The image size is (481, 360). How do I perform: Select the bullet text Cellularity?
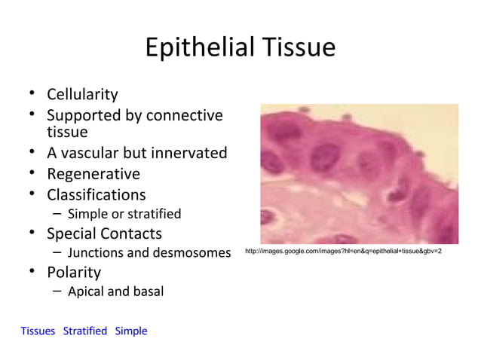82,95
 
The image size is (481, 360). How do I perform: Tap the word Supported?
84,116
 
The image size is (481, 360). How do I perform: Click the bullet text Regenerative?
93,174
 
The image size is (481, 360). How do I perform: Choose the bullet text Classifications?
97,194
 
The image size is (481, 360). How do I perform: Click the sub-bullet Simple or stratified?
124,214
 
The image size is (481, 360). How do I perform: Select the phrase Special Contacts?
104,233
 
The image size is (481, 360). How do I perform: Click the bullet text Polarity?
74,272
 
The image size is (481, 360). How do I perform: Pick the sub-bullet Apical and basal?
115,291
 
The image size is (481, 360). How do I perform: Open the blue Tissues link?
38,331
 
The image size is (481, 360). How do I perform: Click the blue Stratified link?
85,331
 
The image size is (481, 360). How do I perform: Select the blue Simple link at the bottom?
131,331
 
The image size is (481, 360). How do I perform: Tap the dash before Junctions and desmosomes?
57,252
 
